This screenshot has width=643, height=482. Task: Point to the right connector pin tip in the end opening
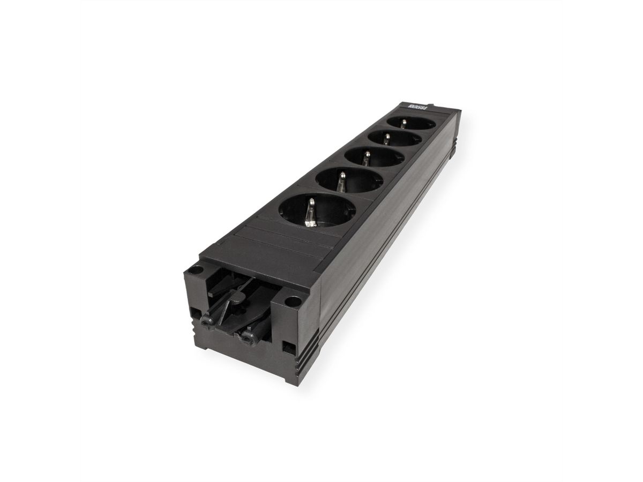coord(246,337)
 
